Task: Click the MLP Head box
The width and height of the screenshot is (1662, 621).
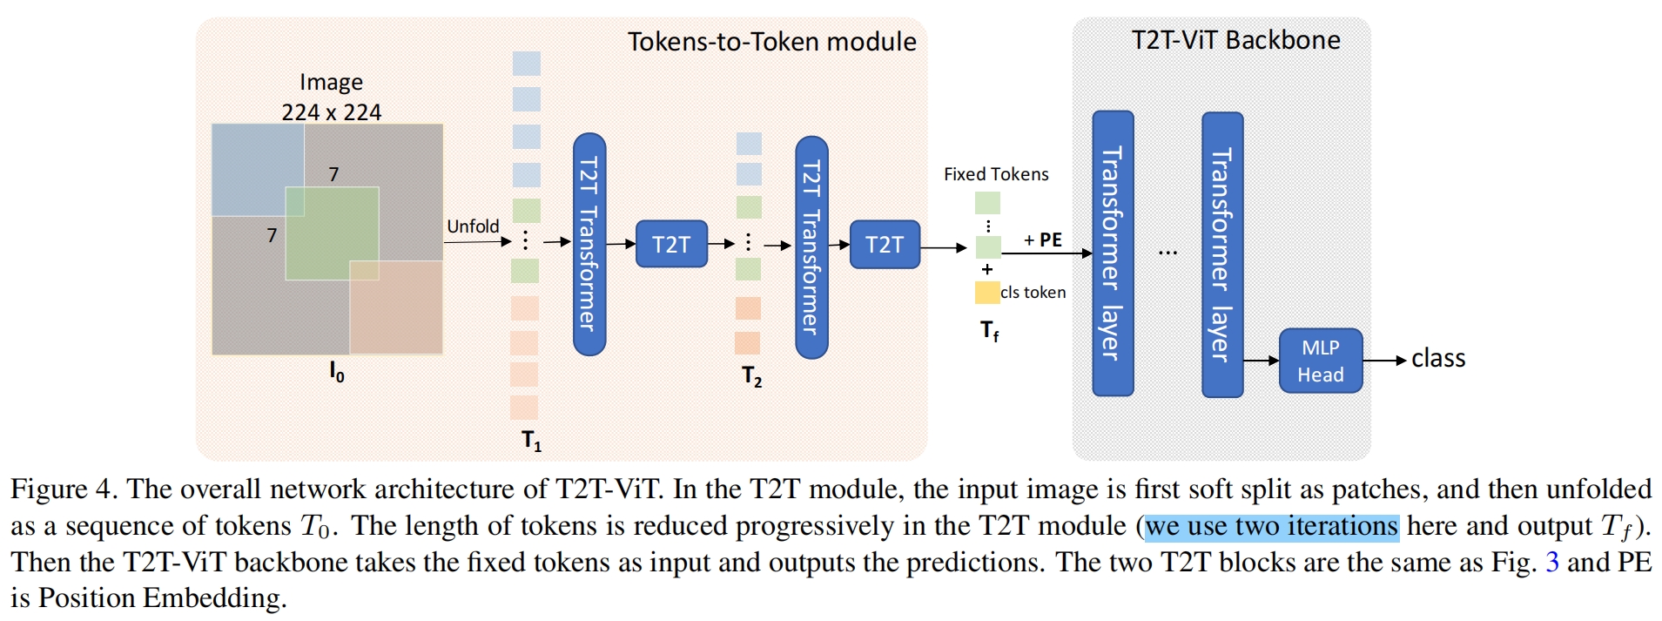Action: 1320,361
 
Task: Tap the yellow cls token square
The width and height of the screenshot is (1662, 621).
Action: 986,293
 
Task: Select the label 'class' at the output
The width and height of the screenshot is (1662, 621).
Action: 1438,358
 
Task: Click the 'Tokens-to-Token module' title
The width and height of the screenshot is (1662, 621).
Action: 771,42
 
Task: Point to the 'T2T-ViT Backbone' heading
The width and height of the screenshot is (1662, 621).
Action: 1235,40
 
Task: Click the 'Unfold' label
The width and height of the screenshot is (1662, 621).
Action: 473,226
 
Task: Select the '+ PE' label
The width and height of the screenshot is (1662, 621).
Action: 1043,240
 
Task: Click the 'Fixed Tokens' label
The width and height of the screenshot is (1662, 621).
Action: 996,174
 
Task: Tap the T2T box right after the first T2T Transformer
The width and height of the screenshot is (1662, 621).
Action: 671,244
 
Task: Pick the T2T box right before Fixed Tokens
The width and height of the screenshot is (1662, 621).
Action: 885,244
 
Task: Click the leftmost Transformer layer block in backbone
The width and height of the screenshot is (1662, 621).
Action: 1113,253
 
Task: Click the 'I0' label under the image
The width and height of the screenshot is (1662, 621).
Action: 336,372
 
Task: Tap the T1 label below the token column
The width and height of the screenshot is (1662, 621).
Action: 531,440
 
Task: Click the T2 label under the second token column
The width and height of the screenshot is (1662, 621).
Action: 751,376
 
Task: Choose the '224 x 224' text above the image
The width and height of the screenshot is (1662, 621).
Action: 331,112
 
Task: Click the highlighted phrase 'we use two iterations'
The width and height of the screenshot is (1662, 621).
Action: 1271,526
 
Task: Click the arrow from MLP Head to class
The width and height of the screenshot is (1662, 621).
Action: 1384,360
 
